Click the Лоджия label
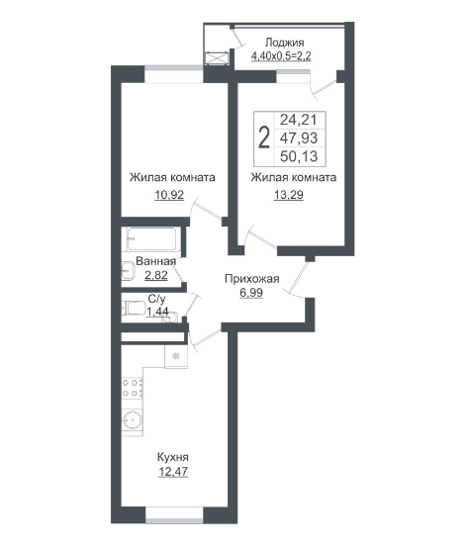coord(284,43)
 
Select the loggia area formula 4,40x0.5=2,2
coord(281,55)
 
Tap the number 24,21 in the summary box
coord(298,120)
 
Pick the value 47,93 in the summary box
coord(299,138)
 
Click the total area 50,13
coord(299,156)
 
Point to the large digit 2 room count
coord(264,138)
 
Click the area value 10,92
coord(169,195)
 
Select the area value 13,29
coord(288,195)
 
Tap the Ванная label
coord(155,261)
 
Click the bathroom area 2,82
coord(156,275)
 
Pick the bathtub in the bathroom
coord(151,238)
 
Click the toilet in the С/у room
coord(134,309)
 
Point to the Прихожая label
coord(252,279)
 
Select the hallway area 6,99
coord(251,293)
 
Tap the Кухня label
coord(172,457)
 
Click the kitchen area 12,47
coord(173,472)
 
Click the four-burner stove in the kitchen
coord(133,389)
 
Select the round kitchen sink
coord(133,419)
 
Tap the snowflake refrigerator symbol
coord(176,356)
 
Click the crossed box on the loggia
coord(217,58)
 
